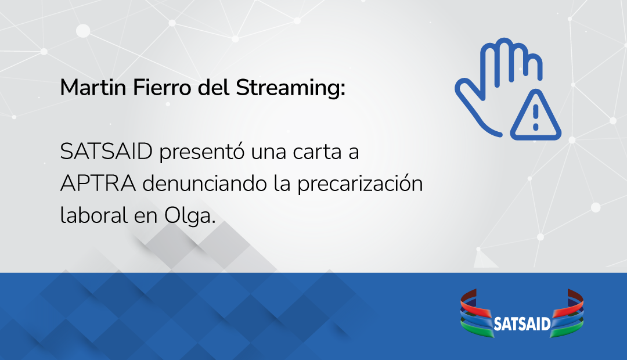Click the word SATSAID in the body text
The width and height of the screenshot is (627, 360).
click(x=106, y=153)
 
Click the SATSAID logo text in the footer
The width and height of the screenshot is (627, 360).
click(x=521, y=323)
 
